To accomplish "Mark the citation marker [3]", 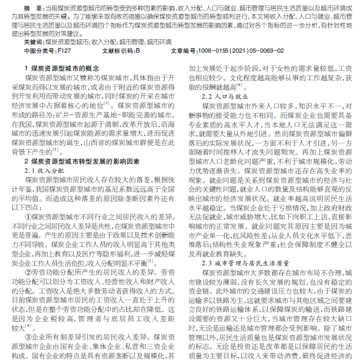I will pyautogui.click(x=150, y=260).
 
